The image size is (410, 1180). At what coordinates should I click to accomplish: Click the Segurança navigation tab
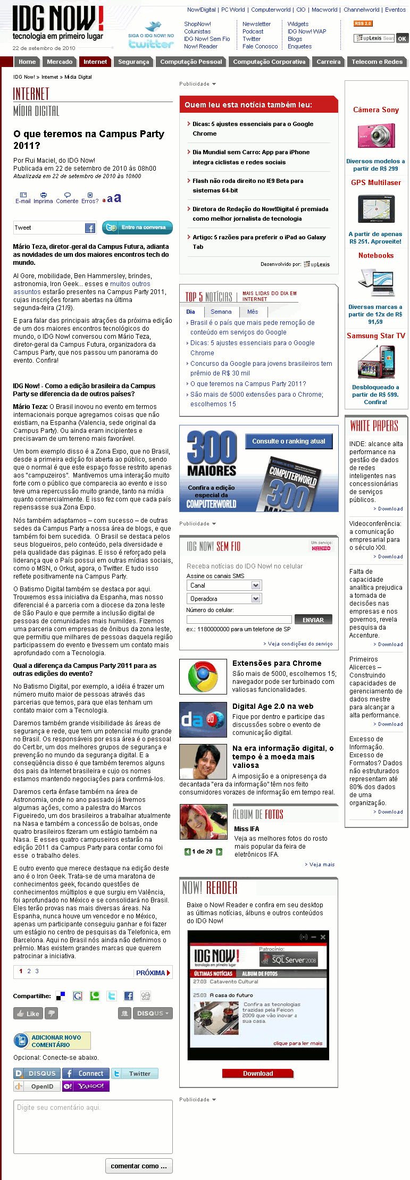[133, 62]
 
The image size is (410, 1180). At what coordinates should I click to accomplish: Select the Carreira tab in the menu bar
[328, 62]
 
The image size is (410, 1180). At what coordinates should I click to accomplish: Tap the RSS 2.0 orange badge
[363, 23]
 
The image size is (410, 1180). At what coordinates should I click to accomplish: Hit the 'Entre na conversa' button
[137, 227]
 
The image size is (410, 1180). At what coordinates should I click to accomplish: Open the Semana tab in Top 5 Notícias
[221, 312]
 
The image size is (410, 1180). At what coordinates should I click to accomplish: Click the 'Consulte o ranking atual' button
[288, 441]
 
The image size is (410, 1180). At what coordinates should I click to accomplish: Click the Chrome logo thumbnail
[203, 676]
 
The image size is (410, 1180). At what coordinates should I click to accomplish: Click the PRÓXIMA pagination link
[153, 973]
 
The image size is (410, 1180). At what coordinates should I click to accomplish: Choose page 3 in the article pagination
[37, 971]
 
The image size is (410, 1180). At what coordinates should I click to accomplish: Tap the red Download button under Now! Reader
[258, 1073]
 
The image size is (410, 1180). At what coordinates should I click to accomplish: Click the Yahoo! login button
[86, 1086]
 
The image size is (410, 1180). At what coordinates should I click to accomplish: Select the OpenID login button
[37, 1086]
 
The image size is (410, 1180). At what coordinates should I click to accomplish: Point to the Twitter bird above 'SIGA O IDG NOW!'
[153, 27]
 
